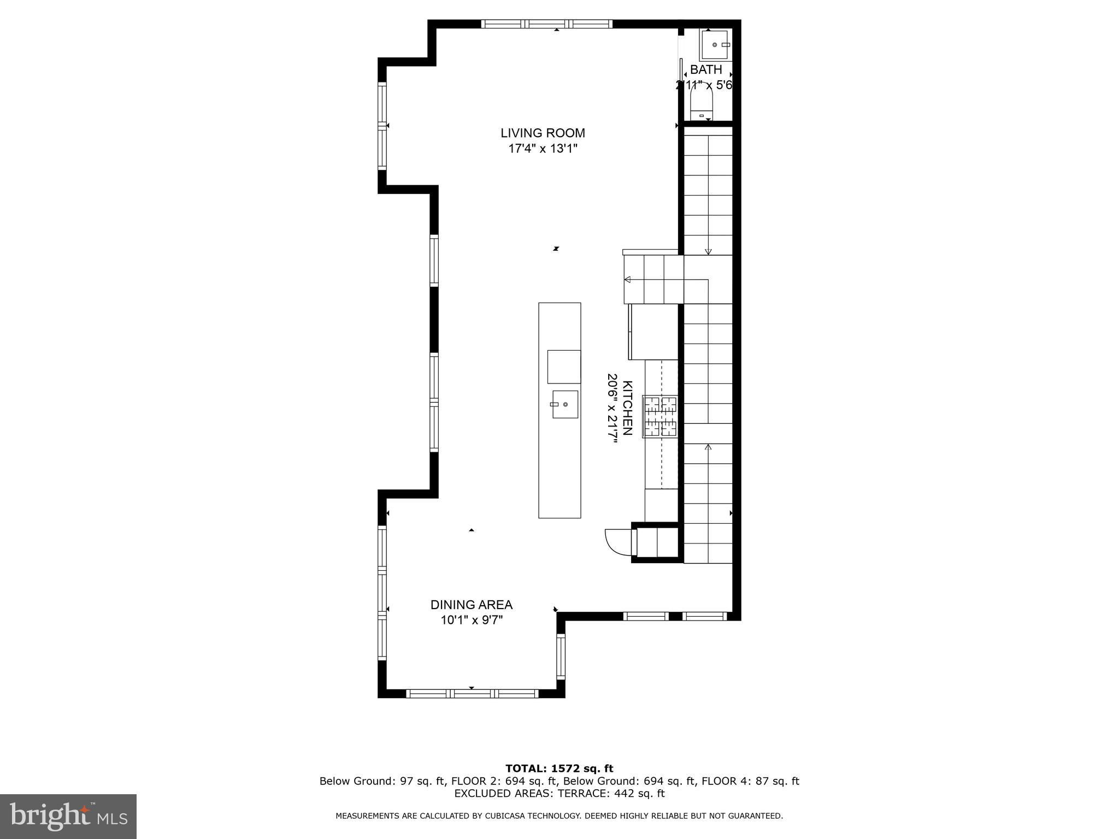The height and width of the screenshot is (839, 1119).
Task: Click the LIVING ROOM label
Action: pos(543,133)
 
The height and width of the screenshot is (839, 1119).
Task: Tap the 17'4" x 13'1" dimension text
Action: pos(543,149)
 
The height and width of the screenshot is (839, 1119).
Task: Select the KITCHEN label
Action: pos(628,408)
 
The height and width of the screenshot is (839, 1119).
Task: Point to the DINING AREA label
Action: pos(472,605)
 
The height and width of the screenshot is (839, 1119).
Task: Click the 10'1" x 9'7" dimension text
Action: pos(472,620)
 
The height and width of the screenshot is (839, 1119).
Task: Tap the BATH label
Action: pos(706,69)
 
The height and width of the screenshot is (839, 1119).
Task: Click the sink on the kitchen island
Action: pos(565,404)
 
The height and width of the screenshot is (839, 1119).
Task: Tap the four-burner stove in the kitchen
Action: pos(660,416)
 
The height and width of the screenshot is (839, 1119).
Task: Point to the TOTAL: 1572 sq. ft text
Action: pos(559,769)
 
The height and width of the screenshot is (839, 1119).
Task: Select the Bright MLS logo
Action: pos(68,817)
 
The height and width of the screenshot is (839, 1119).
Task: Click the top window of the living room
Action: pos(546,23)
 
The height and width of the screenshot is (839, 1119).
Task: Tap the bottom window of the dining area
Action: pos(472,694)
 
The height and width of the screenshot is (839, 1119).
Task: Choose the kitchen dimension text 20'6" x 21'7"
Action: pos(612,408)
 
